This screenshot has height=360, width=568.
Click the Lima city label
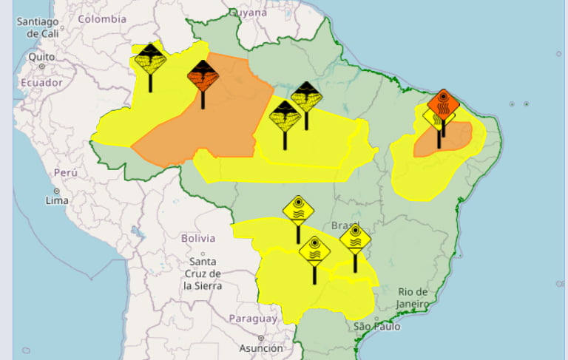coord(57,200)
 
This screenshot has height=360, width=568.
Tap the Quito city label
coord(41,56)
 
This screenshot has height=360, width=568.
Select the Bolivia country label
coord(198,238)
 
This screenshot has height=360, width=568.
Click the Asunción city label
coord(261,347)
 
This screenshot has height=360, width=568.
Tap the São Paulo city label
coord(376,326)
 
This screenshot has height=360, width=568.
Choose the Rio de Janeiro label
coord(412,297)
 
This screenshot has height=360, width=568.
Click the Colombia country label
coord(102,19)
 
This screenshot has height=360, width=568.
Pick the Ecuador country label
coord(41,83)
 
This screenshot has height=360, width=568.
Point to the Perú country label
coord(66,172)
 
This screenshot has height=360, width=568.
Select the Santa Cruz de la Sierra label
coord(203,273)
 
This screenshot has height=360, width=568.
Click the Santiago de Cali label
coord(38,27)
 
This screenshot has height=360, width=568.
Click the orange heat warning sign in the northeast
coord(443,105)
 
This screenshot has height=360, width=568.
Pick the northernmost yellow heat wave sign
coord(298,210)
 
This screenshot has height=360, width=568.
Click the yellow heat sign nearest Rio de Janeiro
coord(355,240)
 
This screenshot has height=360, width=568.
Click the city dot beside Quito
coord(41,66)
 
